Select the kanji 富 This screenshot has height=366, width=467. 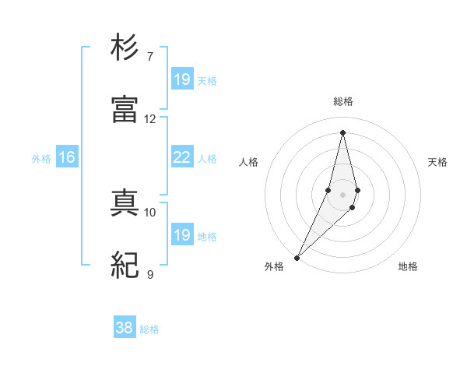[125, 110]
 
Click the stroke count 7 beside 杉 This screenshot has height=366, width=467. [150, 56]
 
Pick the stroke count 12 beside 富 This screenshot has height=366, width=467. [150, 118]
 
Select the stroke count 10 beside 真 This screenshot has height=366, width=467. [150, 212]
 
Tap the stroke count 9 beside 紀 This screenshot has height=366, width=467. [150, 274]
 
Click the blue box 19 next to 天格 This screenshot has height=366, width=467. [182, 79]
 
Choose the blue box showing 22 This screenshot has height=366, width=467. [182, 157]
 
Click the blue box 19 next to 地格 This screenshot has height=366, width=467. [182, 235]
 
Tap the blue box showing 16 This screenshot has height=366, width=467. [67, 157]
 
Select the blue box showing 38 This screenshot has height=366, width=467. [125, 328]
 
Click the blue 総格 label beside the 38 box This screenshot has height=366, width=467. [149, 329]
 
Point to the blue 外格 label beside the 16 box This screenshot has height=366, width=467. [41, 159]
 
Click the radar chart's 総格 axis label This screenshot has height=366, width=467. [342, 101]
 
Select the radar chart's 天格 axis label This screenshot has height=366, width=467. [438, 162]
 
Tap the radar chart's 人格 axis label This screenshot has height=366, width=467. [248, 162]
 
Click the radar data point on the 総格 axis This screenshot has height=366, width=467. [342, 132]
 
